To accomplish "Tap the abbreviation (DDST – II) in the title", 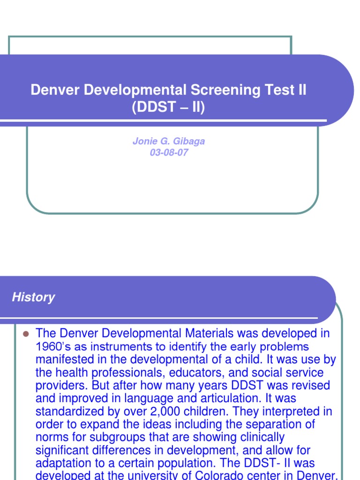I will (x=169, y=108).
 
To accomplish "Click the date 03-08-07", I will (x=169, y=153).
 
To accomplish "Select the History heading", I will (x=33, y=297).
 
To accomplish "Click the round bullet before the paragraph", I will (x=26, y=334).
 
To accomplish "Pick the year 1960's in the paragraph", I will (x=53, y=347).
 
